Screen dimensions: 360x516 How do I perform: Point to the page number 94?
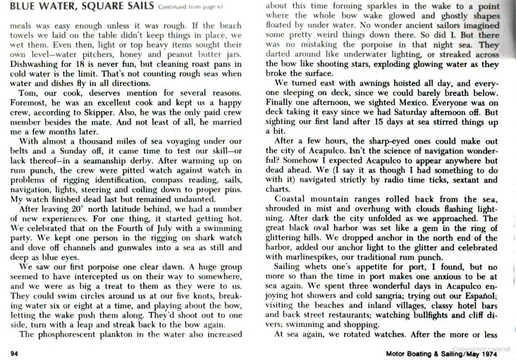(14, 352)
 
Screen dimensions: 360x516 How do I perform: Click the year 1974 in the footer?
(493, 352)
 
